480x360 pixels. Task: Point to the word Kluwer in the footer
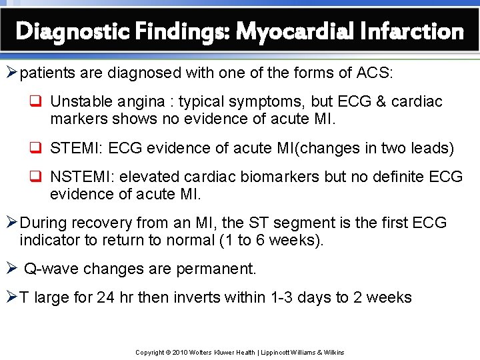point(225,352)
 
